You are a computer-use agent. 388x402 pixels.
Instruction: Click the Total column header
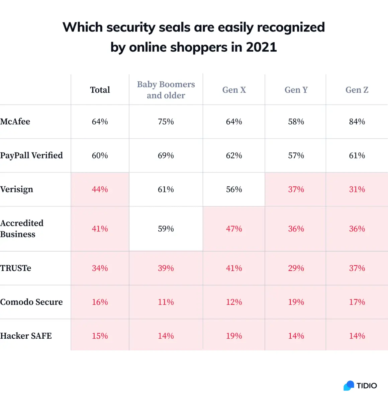pyautogui.click(x=100, y=90)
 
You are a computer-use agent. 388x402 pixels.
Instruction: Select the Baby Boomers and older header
pyautogui.click(x=166, y=90)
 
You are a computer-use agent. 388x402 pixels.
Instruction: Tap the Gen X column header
pyautogui.click(x=234, y=90)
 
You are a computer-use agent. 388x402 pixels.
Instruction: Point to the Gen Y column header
pyautogui.click(x=296, y=90)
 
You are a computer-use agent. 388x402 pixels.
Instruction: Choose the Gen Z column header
pyautogui.click(x=357, y=90)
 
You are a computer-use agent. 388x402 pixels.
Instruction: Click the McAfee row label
pyautogui.click(x=15, y=122)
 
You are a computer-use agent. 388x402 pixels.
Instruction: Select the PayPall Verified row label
pyautogui.click(x=31, y=155)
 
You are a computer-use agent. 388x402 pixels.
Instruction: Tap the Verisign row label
pyautogui.click(x=16, y=189)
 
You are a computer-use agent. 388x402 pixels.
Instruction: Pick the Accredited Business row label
pyautogui.click(x=22, y=228)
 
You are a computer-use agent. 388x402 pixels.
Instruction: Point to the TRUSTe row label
pyautogui.click(x=15, y=268)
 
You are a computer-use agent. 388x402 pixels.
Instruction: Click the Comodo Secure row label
pyautogui.click(x=31, y=302)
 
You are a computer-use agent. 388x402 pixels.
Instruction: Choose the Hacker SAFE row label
pyautogui.click(x=26, y=336)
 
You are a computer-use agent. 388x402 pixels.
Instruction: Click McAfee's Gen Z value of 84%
pyautogui.click(x=357, y=122)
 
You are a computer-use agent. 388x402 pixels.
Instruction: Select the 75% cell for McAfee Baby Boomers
pyautogui.click(x=166, y=122)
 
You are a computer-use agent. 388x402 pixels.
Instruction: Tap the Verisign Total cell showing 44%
pyautogui.click(x=100, y=189)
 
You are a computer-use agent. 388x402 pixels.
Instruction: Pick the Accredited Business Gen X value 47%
pyautogui.click(x=234, y=229)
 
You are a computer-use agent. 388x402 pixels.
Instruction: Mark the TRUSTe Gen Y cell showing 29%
pyautogui.click(x=296, y=268)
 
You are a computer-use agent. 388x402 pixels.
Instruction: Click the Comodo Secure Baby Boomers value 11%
pyautogui.click(x=166, y=302)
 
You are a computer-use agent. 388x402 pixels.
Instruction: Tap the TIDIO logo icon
pyautogui.click(x=349, y=386)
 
